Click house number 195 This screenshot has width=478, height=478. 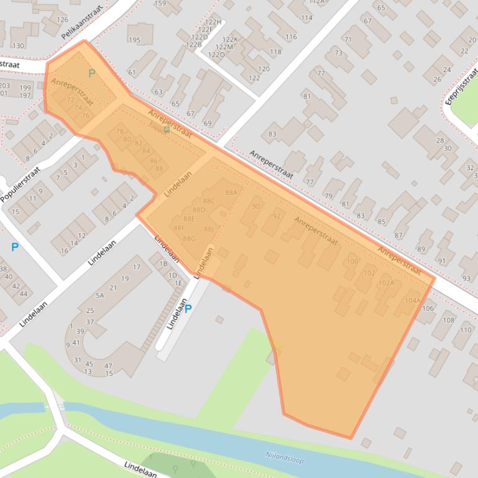[x=134, y=40]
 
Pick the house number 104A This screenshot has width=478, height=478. [x=412, y=300]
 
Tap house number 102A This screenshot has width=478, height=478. [x=386, y=282]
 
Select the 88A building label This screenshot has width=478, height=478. [x=231, y=193]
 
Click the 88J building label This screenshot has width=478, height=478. [x=209, y=229]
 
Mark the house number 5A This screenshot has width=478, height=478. [x=99, y=295]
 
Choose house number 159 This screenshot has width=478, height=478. [x=160, y=4]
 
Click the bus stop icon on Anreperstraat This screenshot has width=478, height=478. [x=166, y=130]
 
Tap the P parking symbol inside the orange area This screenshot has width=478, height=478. [x=92, y=74]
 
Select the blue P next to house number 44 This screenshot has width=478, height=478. [x=14, y=247]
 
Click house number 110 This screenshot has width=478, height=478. [x=466, y=330]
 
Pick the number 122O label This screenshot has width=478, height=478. [x=216, y=55]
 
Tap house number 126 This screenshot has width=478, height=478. [x=63, y=20]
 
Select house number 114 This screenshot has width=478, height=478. [x=306, y=18]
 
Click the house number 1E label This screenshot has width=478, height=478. [x=178, y=283]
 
